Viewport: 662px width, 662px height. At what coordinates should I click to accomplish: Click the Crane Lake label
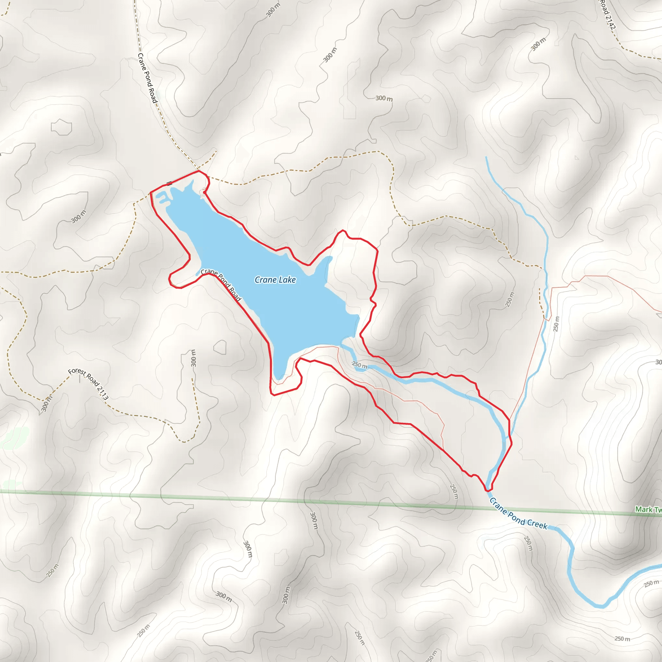point(275,280)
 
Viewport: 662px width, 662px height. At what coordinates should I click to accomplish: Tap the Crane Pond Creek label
point(518,514)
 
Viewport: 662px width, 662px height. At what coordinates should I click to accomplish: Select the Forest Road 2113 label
point(88,384)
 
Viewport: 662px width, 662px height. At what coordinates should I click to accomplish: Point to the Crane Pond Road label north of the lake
point(147,78)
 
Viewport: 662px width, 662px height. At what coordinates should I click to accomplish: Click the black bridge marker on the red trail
point(169,184)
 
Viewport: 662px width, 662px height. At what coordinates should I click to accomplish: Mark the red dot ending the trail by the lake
point(204,193)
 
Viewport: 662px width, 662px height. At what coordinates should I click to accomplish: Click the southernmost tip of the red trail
point(487,491)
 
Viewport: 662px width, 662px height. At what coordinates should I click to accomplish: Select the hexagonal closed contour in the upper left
point(61,127)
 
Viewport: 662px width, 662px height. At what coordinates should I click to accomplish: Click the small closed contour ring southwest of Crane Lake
point(220,347)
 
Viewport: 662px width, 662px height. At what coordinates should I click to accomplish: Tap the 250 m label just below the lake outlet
point(359,365)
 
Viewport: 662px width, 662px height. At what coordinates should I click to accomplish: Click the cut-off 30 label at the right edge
point(658,362)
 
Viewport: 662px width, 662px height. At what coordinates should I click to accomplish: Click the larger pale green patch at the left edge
point(16,438)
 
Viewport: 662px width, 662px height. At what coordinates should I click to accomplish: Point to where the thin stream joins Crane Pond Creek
point(507,438)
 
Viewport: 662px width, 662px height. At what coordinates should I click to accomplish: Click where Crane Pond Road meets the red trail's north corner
point(199,171)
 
